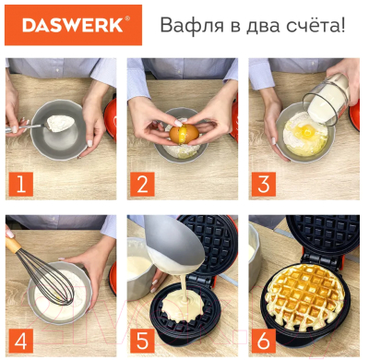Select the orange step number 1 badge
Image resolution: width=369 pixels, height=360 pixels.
(x=18, y=185)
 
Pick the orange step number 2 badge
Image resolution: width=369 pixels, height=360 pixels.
(x=141, y=185)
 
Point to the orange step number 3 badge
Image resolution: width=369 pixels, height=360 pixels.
(x=263, y=185)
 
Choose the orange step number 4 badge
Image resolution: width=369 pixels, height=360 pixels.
(x=18, y=341)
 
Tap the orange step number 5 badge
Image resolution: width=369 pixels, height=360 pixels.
(x=141, y=341)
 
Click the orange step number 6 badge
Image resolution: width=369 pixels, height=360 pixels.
(x=263, y=341)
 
